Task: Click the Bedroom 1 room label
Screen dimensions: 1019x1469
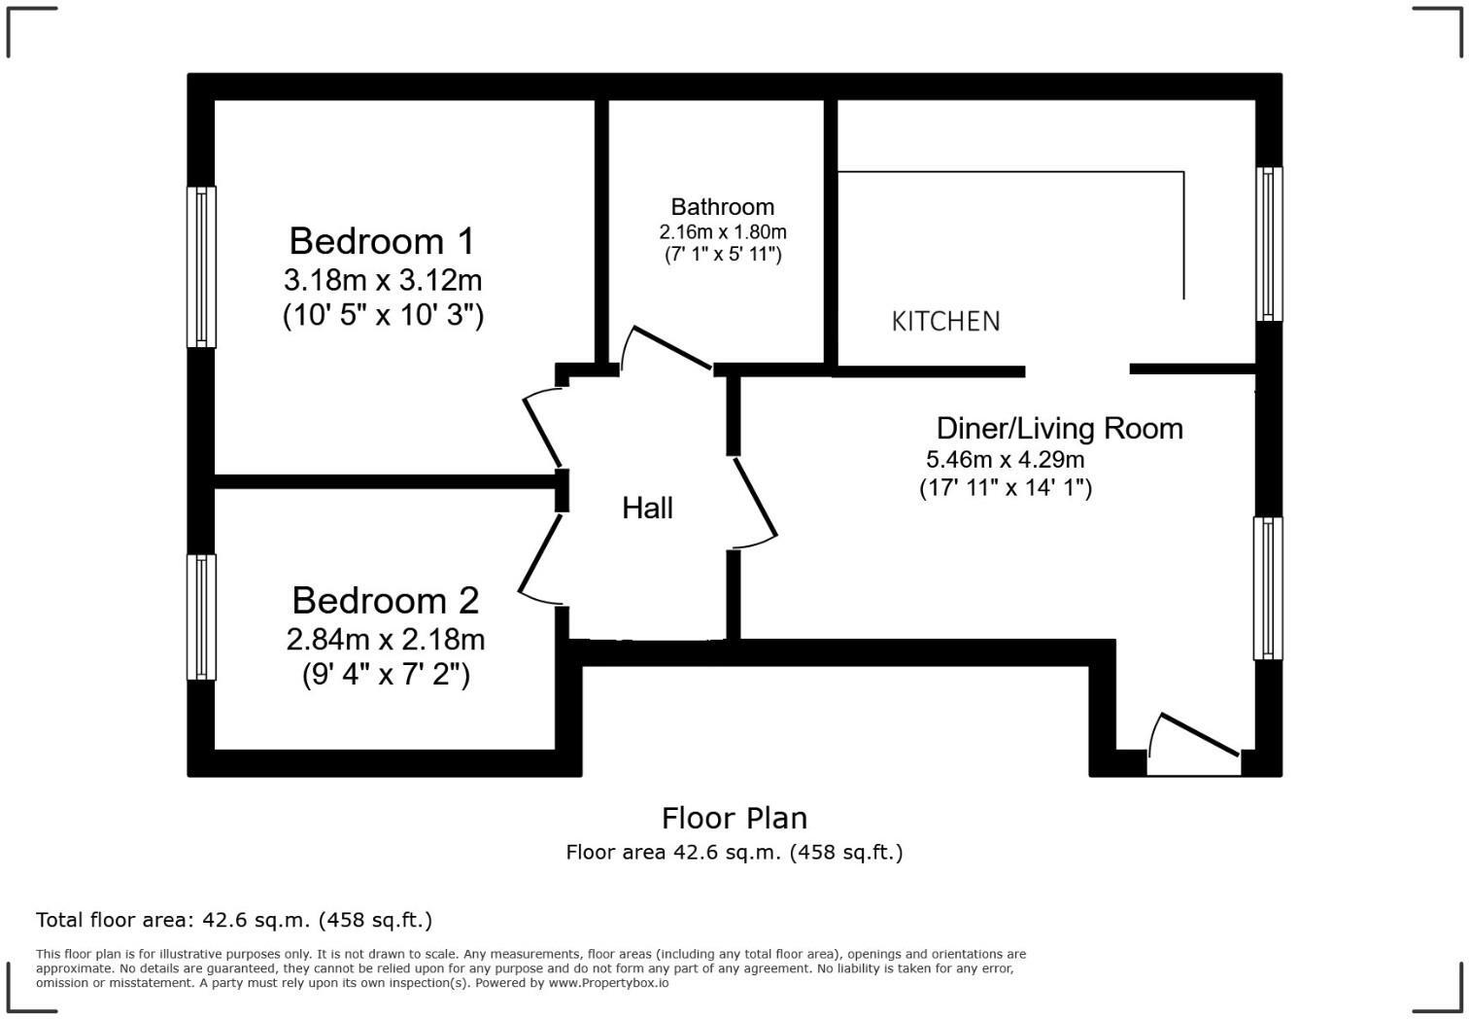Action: click(x=383, y=240)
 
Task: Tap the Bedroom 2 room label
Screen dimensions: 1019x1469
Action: click(x=386, y=600)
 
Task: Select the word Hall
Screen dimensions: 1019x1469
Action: click(x=647, y=508)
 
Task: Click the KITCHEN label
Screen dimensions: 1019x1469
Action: click(x=945, y=321)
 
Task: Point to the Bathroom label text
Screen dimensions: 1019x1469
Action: click(x=723, y=206)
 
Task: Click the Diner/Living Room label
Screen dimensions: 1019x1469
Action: click(x=1059, y=428)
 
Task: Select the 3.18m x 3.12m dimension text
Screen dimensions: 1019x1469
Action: click(x=383, y=280)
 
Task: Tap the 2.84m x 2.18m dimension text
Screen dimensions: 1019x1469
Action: click(x=386, y=639)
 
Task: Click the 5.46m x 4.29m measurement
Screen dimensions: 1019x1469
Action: click(x=1006, y=459)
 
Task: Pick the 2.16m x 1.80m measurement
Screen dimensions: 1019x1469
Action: click(x=723, y=232)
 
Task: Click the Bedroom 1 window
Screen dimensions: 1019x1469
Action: click(x=201, y=267)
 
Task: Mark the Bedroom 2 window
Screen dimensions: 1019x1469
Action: click(x=201, y=617)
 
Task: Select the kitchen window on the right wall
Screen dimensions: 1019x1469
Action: click(x=1268, y=244)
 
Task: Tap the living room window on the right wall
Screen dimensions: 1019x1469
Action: click(x=1268, y=588)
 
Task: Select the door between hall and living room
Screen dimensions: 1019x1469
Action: click(x=755, y=501)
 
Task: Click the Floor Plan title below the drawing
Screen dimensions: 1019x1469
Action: click(x=734, y=818)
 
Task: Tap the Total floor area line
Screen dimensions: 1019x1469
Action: click(x=234, y=920)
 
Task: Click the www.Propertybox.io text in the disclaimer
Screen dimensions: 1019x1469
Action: click(x=610, y=983)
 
